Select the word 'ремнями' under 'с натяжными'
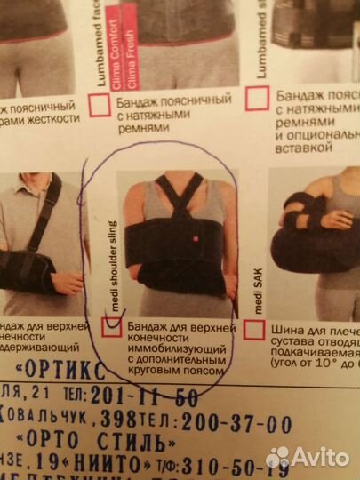pos(141,128)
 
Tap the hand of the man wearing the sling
pos(65,283)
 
